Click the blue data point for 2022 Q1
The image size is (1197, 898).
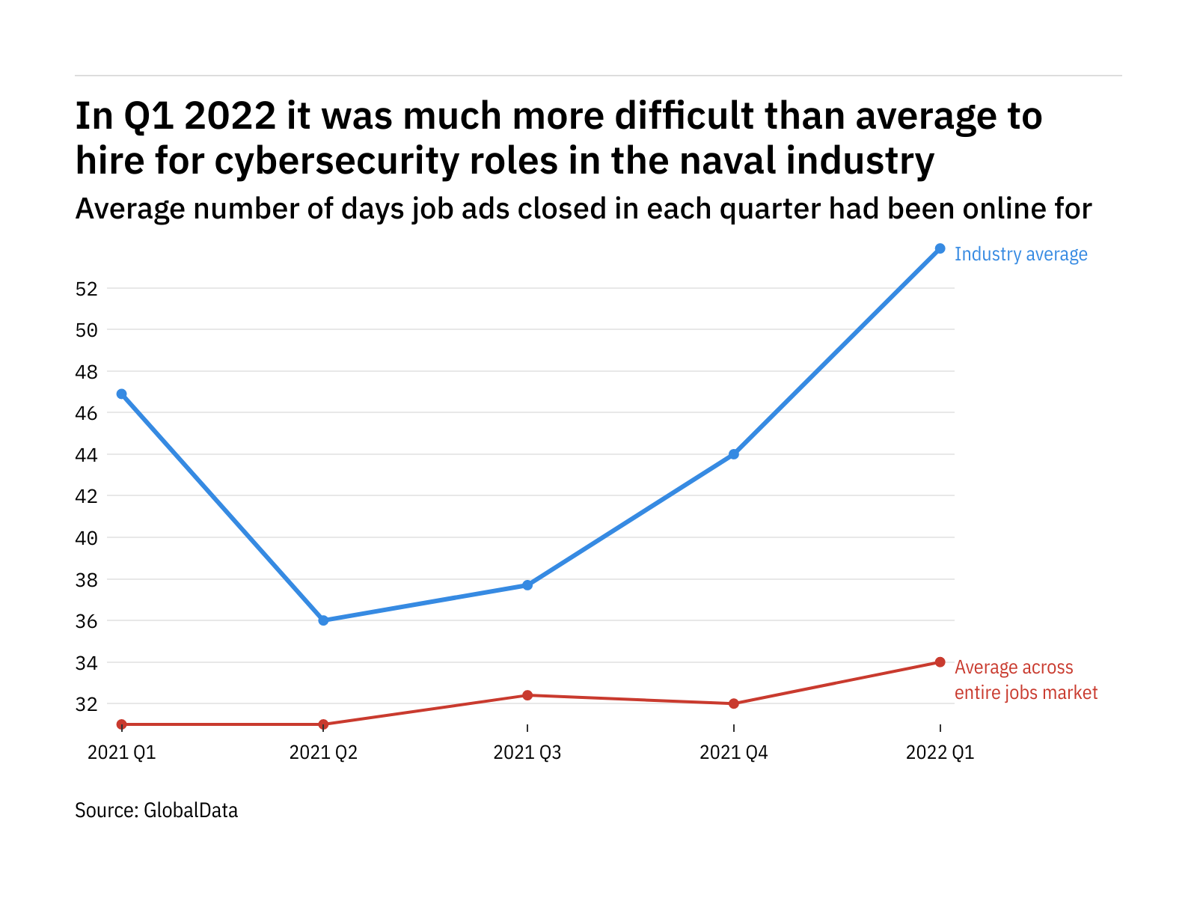pyautogui.click(x=940, y=248)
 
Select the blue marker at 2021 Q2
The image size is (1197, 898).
pyautogui.click(x=323, y=620)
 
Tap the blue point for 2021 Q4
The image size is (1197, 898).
pyautogui.click(x=734, y=454)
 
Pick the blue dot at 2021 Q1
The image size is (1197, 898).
pyautogui.click(x=122, y=394)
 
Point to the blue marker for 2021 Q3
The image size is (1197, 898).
pyautogui.click(x=527, y=585)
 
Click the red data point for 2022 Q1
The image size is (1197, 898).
pyautogui.click(x=940, y=662)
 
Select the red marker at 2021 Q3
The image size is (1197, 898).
pyautogui.click(x=527, y=695)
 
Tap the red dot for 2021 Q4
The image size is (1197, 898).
pyautogui.click(x=734, y=703)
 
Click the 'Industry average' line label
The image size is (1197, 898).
pyautogui.click(x=1020, y=254)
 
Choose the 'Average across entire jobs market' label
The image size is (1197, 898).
pyautogui.click(x=1026, y=680)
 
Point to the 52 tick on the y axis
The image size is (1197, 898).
pyautogui.click(x=87, y=289)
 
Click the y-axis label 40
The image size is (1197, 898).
pyautogui.click(x=87, y=538)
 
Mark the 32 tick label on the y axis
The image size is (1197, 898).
pyautogui.click(x=87, y=704)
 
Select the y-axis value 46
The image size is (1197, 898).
pyautogui.click(x=87, y=413)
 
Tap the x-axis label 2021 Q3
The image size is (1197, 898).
pyautogui.click(x=527, y=752)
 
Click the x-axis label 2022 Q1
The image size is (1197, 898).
pyautogui.click(x=940, y=752)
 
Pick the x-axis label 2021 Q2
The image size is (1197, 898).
pyautogui.click(x=323, y=752)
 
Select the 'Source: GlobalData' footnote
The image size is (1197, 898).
pyautogui.click(x=156, y=810)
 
